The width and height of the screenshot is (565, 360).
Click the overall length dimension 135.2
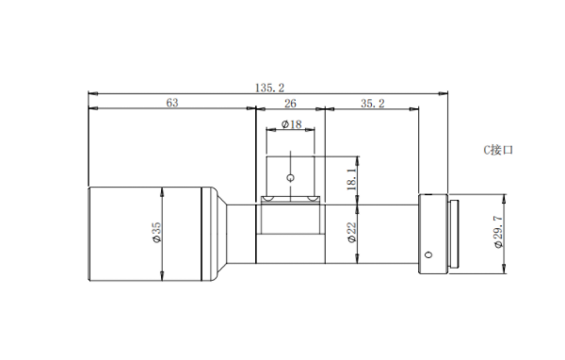269,88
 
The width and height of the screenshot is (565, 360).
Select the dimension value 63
172,103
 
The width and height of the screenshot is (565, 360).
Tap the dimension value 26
290,104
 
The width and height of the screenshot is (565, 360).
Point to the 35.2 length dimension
373,104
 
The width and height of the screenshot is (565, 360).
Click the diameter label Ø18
291,124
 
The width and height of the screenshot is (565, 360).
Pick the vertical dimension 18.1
351,178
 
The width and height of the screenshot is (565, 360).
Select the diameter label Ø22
352,233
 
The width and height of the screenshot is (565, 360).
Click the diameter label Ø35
157,233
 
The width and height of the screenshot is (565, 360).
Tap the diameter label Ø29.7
498,232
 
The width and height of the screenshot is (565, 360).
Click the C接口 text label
498,150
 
